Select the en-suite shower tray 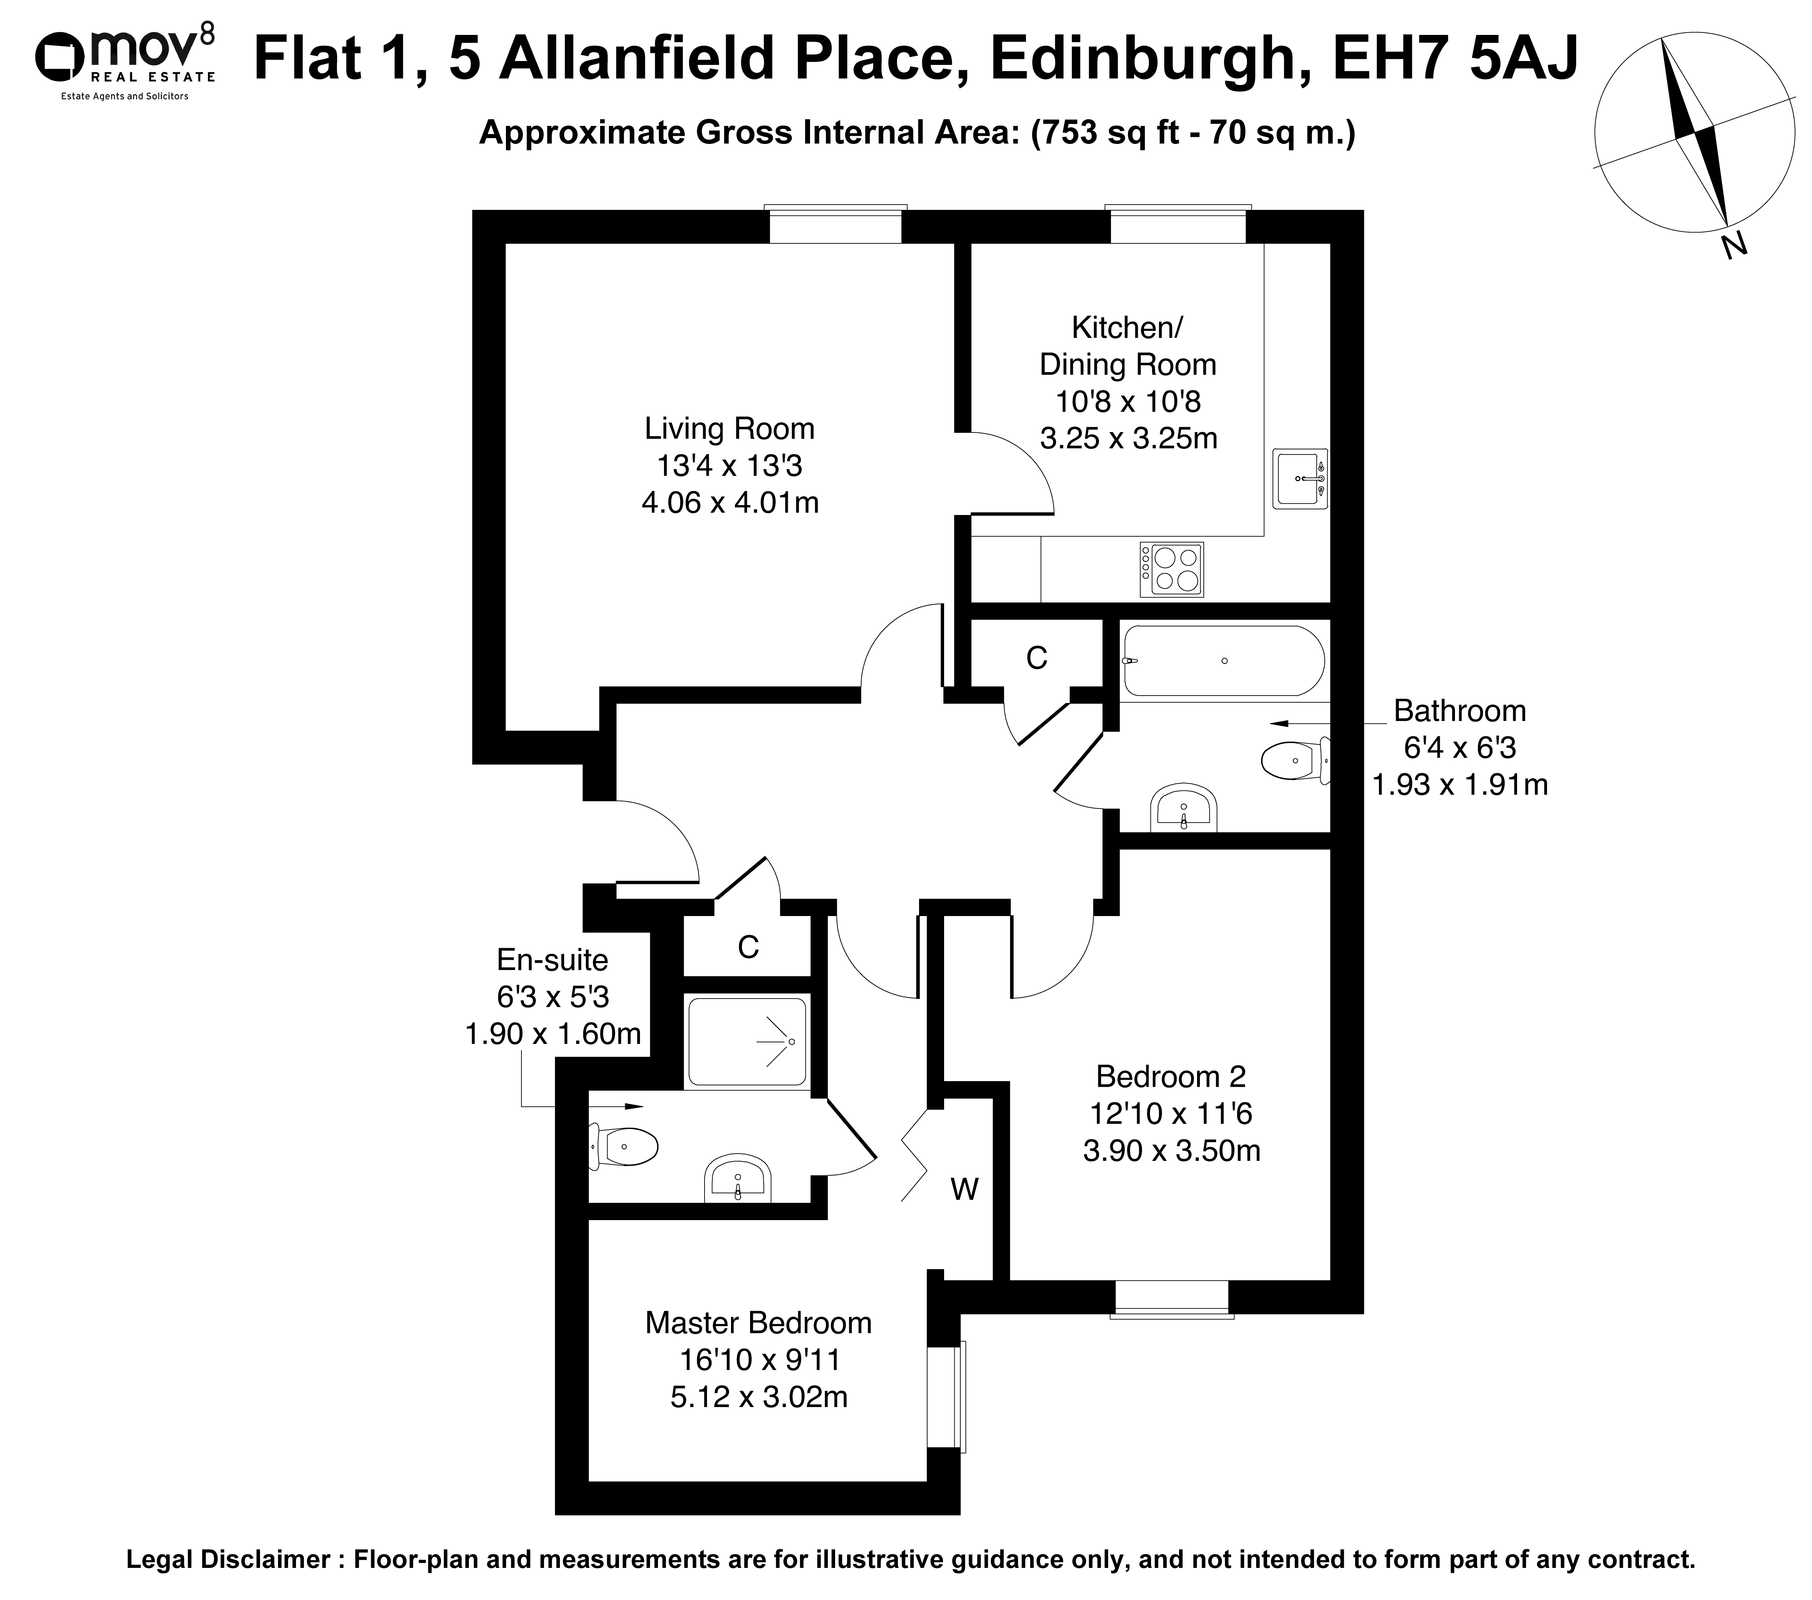747,1042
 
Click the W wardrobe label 965,1189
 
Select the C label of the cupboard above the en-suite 748,947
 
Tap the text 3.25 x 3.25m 1129,438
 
